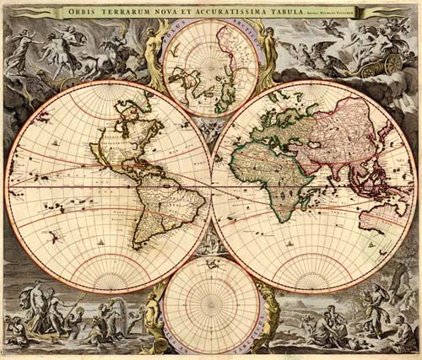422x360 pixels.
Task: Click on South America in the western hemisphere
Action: [165, 202]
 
